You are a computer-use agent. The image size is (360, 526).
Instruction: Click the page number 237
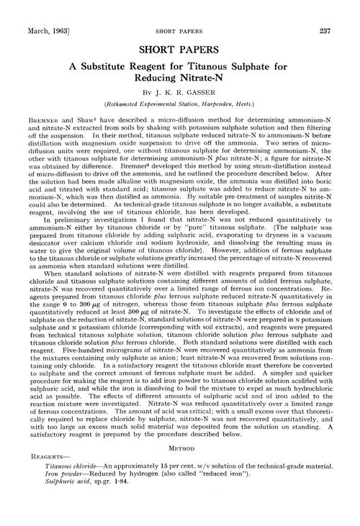(x=343, y=9)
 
